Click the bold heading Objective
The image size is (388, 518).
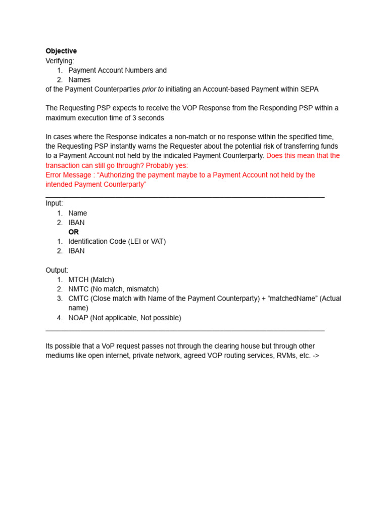coord(61,51)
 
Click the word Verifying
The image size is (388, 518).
coord(60,61)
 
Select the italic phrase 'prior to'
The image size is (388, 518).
coord(153,89)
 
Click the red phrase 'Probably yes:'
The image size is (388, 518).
coord(167,165)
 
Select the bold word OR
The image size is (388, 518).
coord(74,232)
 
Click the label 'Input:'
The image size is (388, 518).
coord(54,203)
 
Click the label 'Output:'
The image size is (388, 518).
coord(57,270)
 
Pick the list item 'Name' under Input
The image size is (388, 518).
coord(78,213)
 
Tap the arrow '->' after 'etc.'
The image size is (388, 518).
coord(315,356)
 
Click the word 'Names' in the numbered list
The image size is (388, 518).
coord(79,80)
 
